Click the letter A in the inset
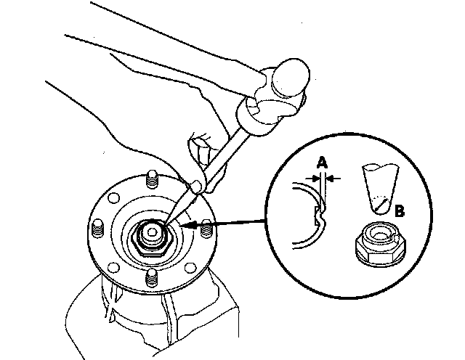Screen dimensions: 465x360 click(321, 163)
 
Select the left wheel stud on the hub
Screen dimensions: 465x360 click(97, 224)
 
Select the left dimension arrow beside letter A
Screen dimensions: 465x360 click(310, 176)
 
